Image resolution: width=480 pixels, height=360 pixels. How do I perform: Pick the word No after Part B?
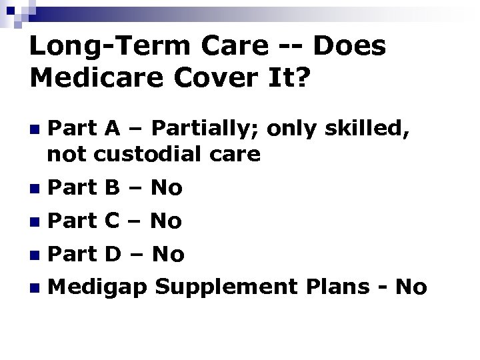click(166, 189)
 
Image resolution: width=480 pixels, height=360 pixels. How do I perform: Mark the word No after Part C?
click(166, 221)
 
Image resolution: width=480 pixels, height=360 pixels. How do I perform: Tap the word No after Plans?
click(411, 287)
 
